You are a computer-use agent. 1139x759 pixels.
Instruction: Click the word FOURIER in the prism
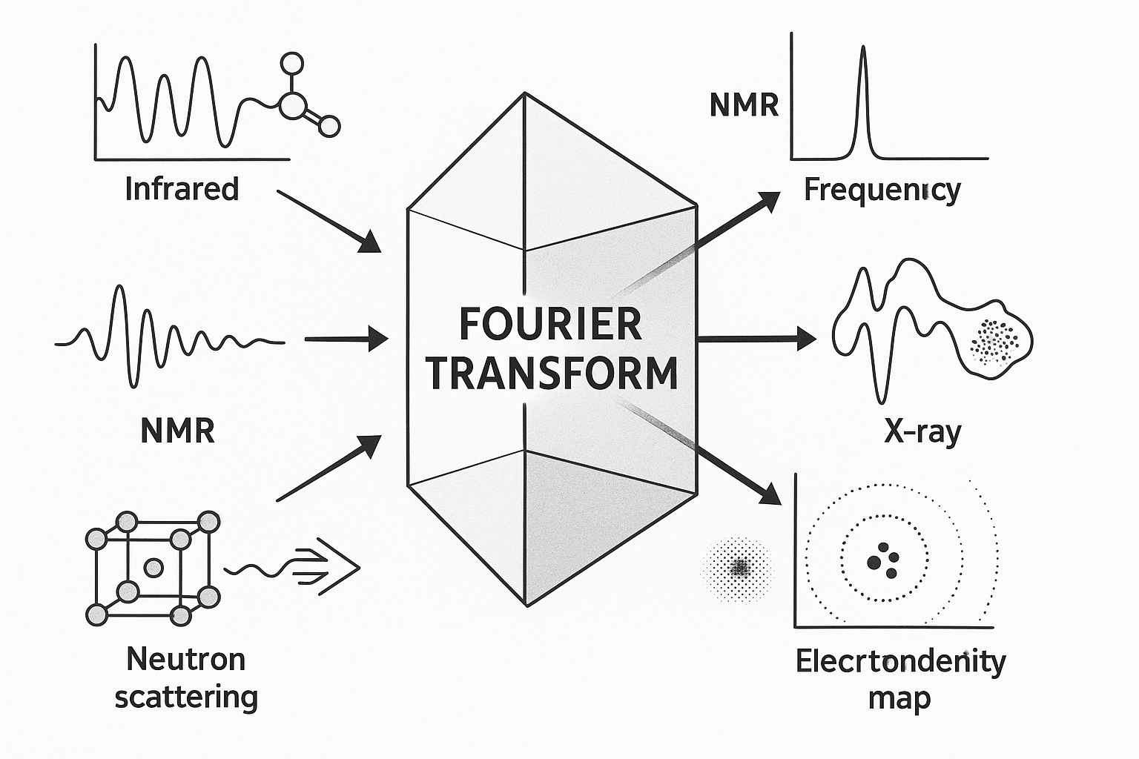pyautogui.click(x=550, y=324)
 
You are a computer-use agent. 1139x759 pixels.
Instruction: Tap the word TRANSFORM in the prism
pyautogui.click(x=552, y=373)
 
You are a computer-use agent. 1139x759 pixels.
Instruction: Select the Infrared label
pyautogui.click(x=182, y=189)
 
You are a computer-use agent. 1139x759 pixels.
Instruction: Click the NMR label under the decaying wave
pyautogui.click(x=177, y=431)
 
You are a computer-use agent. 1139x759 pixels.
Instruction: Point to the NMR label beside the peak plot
pyautogui.click(x=744, y=106)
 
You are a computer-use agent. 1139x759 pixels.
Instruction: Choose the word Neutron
pyautogui.click(x=185, y=658)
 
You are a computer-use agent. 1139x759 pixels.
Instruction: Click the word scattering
pyautogui.click(x=186, y=697)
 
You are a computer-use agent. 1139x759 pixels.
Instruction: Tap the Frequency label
pyautogui.click(x=882, y=190)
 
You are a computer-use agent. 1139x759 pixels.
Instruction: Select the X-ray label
pyautogui.click(x=922, y=431)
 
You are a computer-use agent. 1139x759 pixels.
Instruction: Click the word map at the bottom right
pyautogui.click(x=899, y=698)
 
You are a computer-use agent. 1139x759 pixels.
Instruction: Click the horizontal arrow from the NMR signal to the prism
pyautogui.click(x=346, y=340)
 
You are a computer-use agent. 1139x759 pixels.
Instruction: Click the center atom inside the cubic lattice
pyautogui.click(x=153, y=568)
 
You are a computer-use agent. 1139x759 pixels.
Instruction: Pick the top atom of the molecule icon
pyautogui.click(x=293, y=62)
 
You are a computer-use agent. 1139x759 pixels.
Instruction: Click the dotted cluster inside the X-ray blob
pyautogui.click(x=994, y=342)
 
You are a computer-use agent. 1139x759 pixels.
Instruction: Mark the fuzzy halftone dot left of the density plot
pyautogui.click(x=739, y=568)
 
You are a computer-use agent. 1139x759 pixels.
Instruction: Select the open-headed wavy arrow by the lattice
pyautogui.click(x=293, y=568)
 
